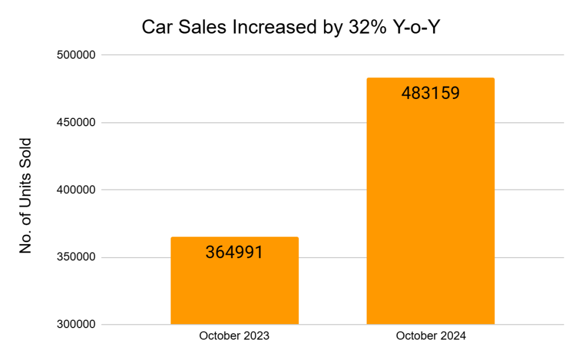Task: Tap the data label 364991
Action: coord(234,253)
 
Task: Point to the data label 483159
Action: coord(430,93)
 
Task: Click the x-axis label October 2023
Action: coord(234,336)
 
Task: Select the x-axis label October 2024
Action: coord(430,336)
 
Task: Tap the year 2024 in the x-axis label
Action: coord(453,336)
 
